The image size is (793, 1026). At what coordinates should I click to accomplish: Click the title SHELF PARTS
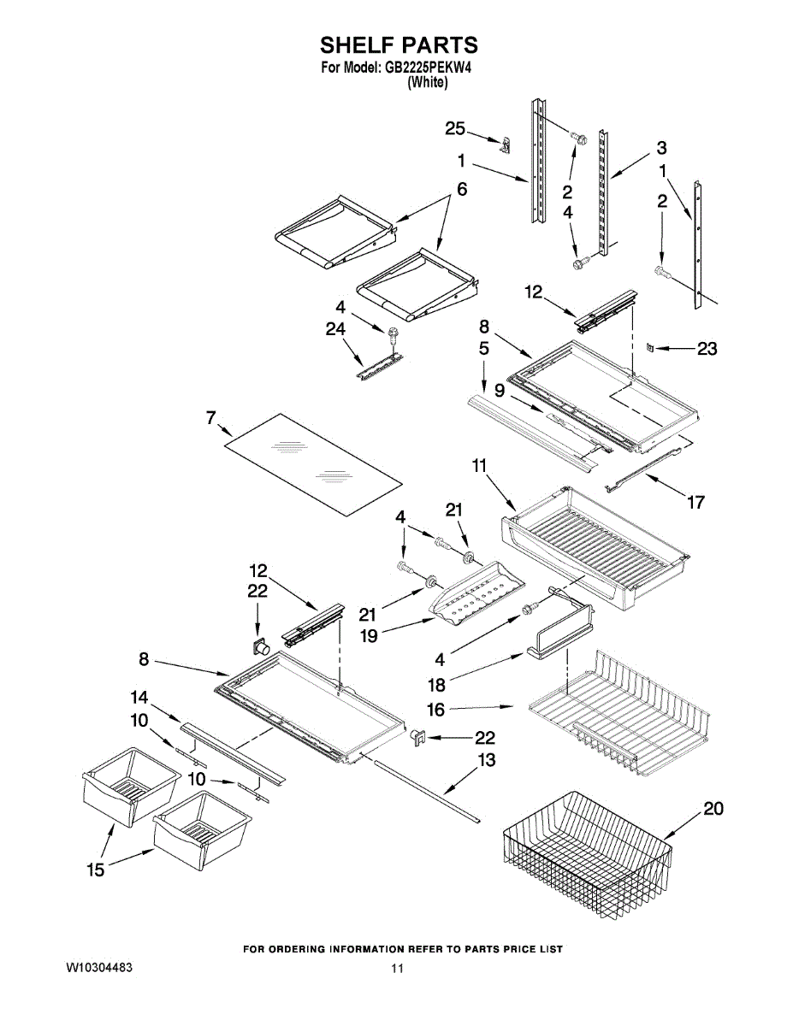pos(398,44)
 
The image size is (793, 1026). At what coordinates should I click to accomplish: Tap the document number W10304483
pos(99,968)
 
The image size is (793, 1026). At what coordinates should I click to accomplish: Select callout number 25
pos(455,129)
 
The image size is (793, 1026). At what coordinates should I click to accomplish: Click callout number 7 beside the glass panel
pos(210,418)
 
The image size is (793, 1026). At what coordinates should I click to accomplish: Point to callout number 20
pos(712,807)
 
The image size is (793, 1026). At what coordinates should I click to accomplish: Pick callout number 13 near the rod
pos(486,760)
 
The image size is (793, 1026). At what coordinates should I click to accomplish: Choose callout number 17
pos(696,502)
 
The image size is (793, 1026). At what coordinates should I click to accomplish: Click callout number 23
pos(707,349)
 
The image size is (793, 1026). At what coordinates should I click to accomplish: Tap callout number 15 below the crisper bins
pos(95,869)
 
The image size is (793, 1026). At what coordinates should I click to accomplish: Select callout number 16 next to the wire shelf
pos(435,709)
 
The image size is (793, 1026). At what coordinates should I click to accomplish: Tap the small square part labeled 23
pos(649,348)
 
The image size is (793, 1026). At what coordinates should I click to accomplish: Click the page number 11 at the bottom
pos(396,969)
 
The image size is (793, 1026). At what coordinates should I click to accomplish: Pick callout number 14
pos(139,696)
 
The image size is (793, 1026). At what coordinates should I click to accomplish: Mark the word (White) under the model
pos(427,83)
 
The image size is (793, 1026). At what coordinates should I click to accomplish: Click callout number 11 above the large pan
pos(479,466)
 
